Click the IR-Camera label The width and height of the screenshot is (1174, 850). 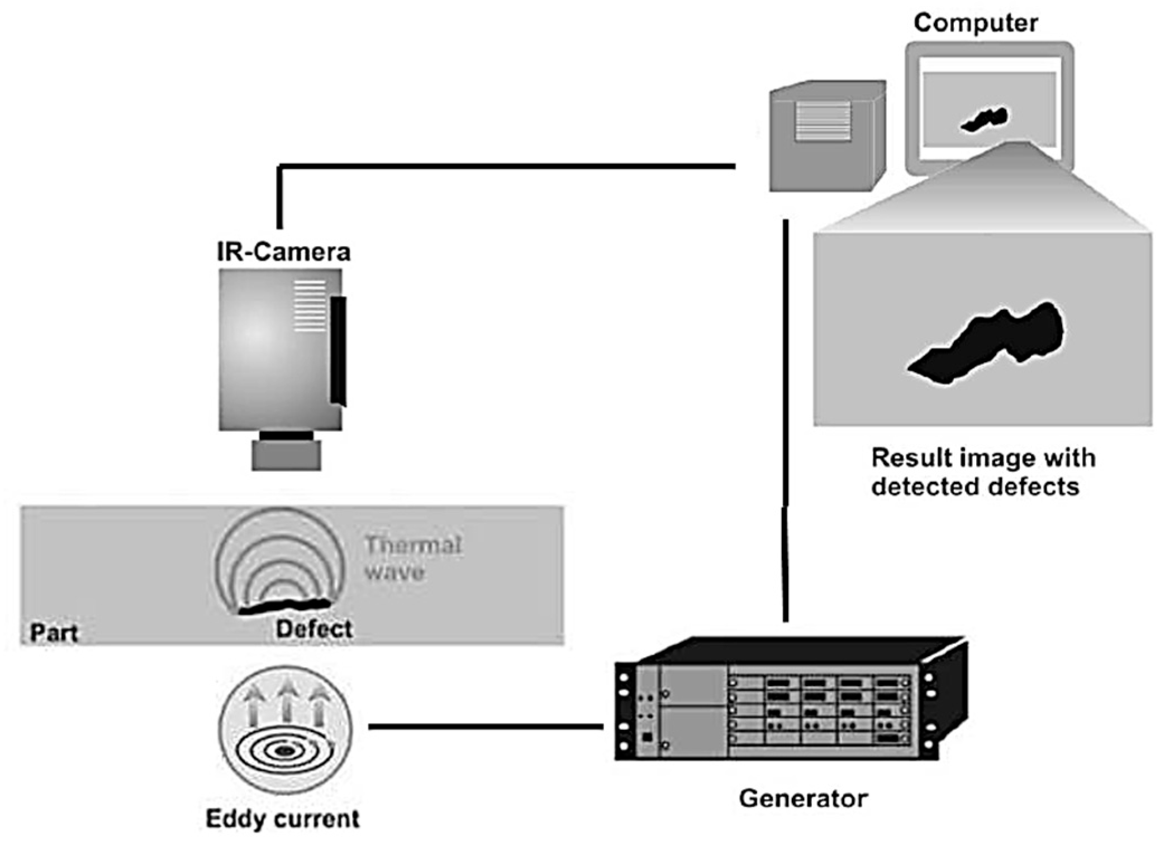(x=283, y=252)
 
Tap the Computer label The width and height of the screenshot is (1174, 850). (x=976, y=23)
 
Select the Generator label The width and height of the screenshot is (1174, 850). (x=803, y=798)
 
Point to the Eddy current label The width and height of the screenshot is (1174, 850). (x=283, y=819)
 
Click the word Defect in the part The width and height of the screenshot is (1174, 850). (x=313, y=629)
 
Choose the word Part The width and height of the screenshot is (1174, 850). (x=54, y=633)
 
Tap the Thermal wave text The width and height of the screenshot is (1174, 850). (x=413, y=558)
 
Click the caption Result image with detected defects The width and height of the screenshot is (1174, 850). (x=983, y=472)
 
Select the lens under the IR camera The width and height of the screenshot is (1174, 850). (x=286, y=455)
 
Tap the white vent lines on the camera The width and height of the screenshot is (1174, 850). (x=310, y=306)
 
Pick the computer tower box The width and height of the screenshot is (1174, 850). (x=828, y=136)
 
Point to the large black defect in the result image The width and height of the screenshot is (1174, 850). (x=985, y=342)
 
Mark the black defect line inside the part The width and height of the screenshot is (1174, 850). (x=284, y=606)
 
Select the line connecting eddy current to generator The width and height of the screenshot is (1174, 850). (x=486, y=727)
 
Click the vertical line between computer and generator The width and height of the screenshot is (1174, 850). (x=786, y=421)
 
